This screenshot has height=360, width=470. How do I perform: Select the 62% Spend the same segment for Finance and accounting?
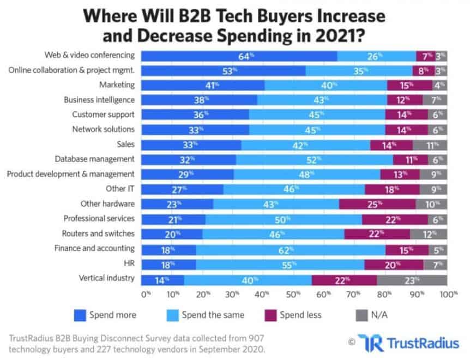pos(291,250)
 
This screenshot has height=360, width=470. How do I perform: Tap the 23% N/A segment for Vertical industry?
pos(412,280)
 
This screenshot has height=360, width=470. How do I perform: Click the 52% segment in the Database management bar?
pos(314,159)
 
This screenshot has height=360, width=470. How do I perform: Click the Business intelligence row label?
pos(99,100)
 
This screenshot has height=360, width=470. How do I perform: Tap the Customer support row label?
pos(103,115)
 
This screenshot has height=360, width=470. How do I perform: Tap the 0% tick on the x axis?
pos(146,295)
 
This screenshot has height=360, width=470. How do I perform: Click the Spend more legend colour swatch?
pos(80,315)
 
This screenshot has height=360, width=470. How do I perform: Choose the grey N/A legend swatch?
pos(360,315)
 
